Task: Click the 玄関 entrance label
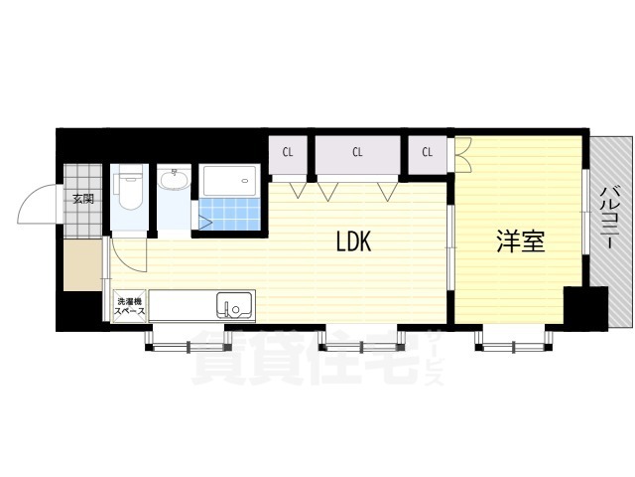click(83, 199)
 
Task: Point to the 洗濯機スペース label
click(130, 307)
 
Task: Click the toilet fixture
click(129, 187)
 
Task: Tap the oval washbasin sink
click(174, 180)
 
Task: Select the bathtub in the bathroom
click(229, 181)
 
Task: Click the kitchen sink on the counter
click(234, 305)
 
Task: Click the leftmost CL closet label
click(288, 152)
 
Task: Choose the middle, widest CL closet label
click(357, 152)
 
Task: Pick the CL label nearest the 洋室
click(428, 152)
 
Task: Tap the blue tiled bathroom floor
click(229, 214)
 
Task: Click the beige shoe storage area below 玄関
click(82, 264)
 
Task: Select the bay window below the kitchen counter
click(189, 340)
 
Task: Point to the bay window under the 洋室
click(514, 340)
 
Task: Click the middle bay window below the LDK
click(361, 340)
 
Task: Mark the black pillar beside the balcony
click(586, 307)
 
